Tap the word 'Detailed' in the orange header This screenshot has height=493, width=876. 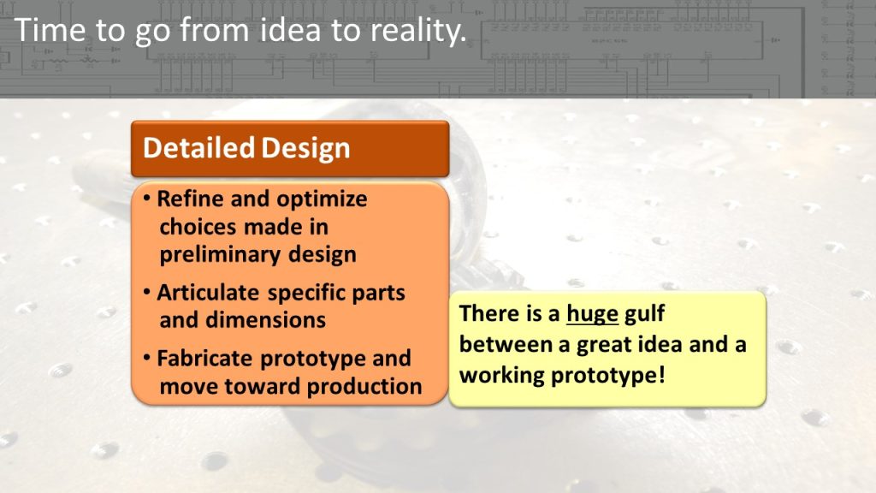point(198,148)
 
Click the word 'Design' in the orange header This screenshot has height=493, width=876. point(305,149)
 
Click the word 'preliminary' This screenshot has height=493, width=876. point(220,255)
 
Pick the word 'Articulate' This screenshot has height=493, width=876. point(208,293)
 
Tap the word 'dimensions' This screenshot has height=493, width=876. point(265,320)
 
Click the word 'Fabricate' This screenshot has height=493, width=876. point(205,359)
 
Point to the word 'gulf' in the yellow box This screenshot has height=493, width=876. point(644,314)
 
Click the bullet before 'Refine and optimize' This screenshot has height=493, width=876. point(147,199)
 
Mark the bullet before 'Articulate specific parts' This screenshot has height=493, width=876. point(147,292)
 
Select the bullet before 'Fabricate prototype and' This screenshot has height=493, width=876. point(147,358)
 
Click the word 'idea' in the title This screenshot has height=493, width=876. point(291,30)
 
